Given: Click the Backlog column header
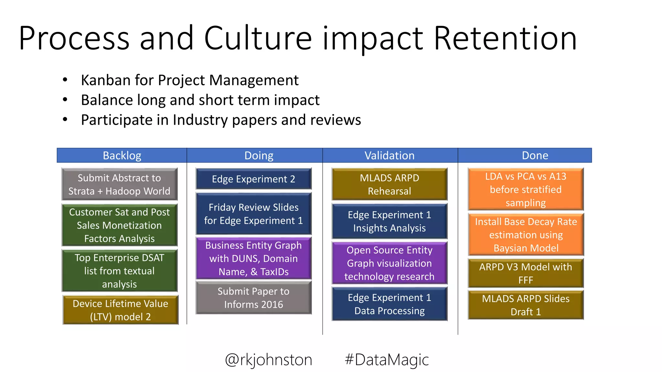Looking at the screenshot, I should [x=122, y=156].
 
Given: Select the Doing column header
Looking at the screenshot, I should [x=259, y=156].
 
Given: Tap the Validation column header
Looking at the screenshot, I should [x=390, y=156].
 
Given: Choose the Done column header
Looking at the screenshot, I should [x=535, y=156].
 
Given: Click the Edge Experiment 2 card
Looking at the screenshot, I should [x=253, y=179].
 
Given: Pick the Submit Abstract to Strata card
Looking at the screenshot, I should [x=119, y=184].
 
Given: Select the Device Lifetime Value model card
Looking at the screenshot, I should [x=120, y=310].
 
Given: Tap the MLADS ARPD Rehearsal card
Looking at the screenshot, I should [x=390, y=184].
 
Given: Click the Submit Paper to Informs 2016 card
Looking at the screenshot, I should [x=253, y=298].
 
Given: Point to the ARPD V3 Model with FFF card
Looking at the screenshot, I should [x=526, y=273].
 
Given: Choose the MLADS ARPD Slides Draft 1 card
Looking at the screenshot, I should [x=526, y=305].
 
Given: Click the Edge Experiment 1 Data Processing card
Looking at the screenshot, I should [x=390, y=304].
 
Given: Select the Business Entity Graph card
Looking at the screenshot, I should [x=253, y=258].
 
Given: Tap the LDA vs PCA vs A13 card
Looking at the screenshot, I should [x=526, y=190].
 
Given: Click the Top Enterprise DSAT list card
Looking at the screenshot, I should [x=119, y=271].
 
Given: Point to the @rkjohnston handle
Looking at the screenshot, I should [x=269, y=360].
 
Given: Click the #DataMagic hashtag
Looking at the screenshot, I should [x=387, y=360].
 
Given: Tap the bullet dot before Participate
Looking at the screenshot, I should [x=65, y=119].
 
